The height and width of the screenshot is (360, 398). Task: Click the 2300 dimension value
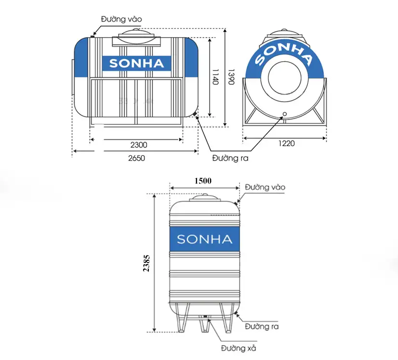(139, 145)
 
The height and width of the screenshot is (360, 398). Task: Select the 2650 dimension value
(136, 158)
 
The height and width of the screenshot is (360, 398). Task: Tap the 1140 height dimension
(215, 77)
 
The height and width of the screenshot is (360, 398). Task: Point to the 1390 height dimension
(231, 77)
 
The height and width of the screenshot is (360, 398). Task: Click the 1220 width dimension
(287, 144)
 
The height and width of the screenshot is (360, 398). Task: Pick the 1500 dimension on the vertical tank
(203, 181)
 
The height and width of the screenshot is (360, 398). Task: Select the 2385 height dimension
(146, 263)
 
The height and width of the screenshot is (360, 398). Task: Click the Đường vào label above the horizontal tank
(121, 19)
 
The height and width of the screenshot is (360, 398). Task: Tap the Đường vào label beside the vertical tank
(265, 187)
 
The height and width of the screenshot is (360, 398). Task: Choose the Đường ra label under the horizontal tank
(230, 158)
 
